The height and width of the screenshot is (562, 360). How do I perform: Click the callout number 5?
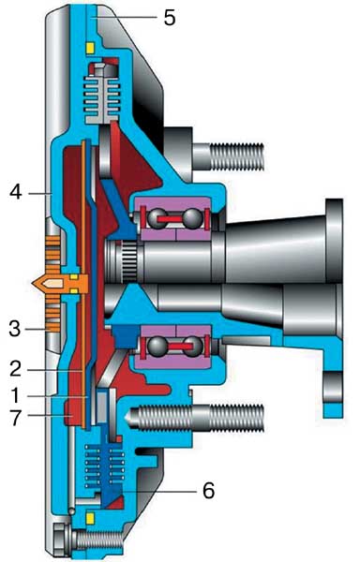(x=170, y=17)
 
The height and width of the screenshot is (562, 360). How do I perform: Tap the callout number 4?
(x=16, y=193)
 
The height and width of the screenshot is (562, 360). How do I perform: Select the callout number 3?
(x=15, y=329)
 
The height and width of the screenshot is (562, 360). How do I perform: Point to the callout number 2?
(x=15, y=369)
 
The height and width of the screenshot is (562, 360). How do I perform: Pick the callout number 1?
(x=15, y=396)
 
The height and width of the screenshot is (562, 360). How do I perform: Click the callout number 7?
(x=15, y=418)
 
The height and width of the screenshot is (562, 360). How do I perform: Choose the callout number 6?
(x=209, y=490)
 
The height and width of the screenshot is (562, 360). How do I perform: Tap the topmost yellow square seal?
(x=90, y=48)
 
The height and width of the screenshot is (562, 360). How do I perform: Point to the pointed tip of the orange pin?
(x=32, y=283)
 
